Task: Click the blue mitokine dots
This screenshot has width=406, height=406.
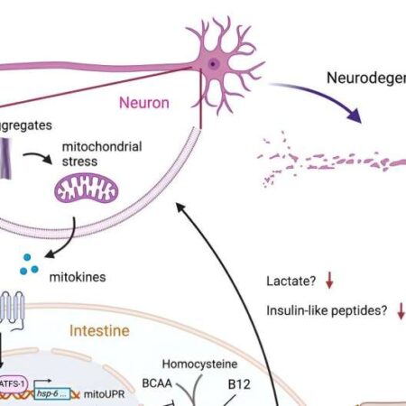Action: tap(31, 263)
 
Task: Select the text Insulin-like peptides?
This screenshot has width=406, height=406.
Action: tap(327, 311)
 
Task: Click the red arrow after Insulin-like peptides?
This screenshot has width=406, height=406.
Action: tap(401, 311)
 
